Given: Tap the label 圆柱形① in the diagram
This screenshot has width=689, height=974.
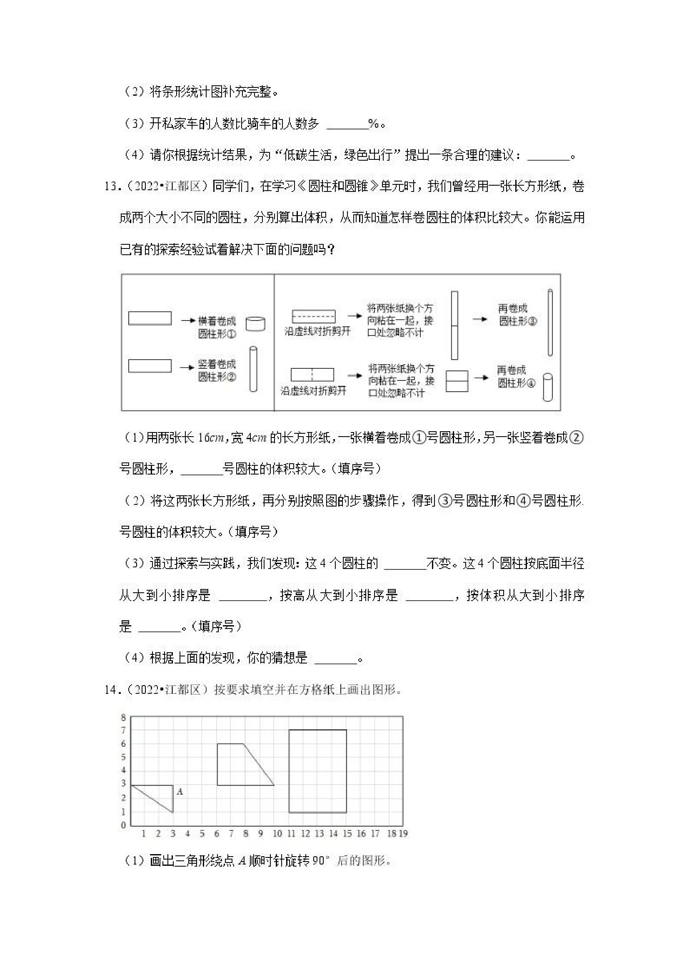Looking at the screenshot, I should (x=217, y=334).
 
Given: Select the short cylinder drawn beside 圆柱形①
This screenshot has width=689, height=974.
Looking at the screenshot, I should (x=255, y=324).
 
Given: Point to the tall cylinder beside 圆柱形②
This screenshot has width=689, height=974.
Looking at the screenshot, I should (x=253, y=370).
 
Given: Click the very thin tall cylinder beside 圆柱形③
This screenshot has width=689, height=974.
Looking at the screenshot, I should (x=550, y=323).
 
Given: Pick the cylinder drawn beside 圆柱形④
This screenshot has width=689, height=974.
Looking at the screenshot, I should (x=548, y=387).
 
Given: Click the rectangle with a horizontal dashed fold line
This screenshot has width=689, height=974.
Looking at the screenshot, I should (x=313, y=316).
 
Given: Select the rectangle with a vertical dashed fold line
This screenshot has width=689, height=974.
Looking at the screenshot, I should (x=312, y=375).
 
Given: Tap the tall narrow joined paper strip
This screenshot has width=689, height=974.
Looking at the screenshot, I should (x=454, y=325).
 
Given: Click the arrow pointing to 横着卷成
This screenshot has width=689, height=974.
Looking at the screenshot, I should (x=187, y=321).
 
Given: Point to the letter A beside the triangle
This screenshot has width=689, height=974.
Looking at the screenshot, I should (x=180, y=792).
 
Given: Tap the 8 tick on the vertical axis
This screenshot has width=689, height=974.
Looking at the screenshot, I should (x=124, y=717).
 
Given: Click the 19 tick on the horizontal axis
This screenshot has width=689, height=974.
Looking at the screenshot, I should (x=403, y=834).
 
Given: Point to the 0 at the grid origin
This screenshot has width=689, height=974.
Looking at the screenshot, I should (x=124, y=825).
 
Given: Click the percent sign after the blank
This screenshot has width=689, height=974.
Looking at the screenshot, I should (x=374, y=124).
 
